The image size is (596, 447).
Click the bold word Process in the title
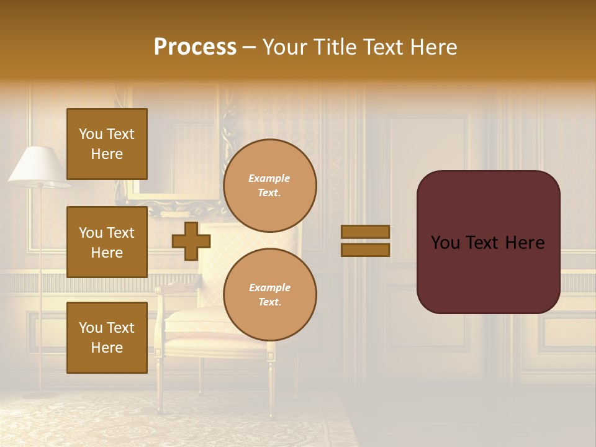click(195, 47)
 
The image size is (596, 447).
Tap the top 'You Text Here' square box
click(107, 144)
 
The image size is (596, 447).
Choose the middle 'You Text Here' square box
click(107, 242)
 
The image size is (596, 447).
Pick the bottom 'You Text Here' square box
click(107, 338)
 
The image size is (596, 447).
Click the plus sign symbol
click(191, 241)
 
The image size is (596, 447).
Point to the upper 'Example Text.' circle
click(270, 186)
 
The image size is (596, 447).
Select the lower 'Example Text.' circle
click(270, 295)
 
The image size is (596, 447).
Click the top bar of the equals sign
click(365, 232)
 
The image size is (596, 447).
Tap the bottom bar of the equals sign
click(365, 250)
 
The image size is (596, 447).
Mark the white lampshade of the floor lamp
click(38, 165)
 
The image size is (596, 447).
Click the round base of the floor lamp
click(40, 394)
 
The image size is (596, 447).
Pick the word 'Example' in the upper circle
click(269, 179)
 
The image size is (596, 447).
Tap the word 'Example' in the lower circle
click(269, 288)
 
